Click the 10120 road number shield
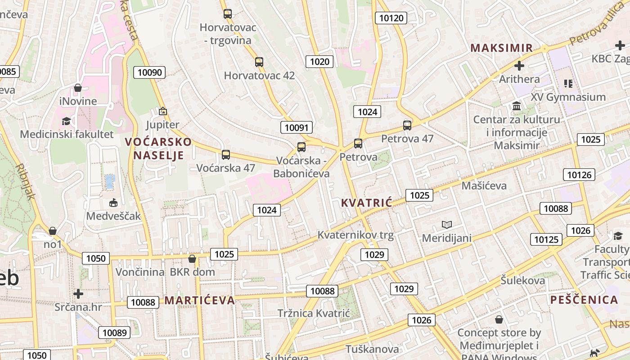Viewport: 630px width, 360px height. pyautogui.click(x=391, y=18)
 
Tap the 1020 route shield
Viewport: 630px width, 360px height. pyautogui.click(x=319, y=62)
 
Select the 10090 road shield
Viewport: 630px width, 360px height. pyautogui.click(x=151, y=72)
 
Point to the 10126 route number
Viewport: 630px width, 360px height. pyautogui.click(x=579, y=175)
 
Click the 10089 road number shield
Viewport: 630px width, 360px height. pyautogui.click(x=114, y=333)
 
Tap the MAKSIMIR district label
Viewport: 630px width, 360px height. pyautogui.click(x=501, y=48)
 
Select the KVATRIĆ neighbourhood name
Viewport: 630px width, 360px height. pyautogui.click(x=366, y=202)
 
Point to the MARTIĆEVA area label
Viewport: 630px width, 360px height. pyautogui.click(x=199, y=300)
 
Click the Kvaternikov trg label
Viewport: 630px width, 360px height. pyautogui.click(x=355, y=235)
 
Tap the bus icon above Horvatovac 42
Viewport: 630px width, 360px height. pyautogui.click(x=259, y=62)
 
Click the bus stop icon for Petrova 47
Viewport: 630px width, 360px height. pyautogui.click(x=407, y=126)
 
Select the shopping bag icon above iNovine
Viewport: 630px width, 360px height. pyautogui.click(x=78, y=88)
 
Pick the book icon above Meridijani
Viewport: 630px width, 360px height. pyautogui.click(x=446, y=225)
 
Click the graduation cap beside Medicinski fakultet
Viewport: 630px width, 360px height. pyautogui.click(x=67, y=121)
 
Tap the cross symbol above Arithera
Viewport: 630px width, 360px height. pyautogui.click(x=519, y=66)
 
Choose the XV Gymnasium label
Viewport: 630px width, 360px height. pyautogui.click(x=568, y=97)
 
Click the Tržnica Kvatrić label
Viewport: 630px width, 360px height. pyautogui.click(x=314, y=313)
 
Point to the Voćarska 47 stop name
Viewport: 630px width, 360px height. pyautogui.click(x=226, y=168)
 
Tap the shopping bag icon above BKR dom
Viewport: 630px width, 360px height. pyautogui.click(x=192, y=259)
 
